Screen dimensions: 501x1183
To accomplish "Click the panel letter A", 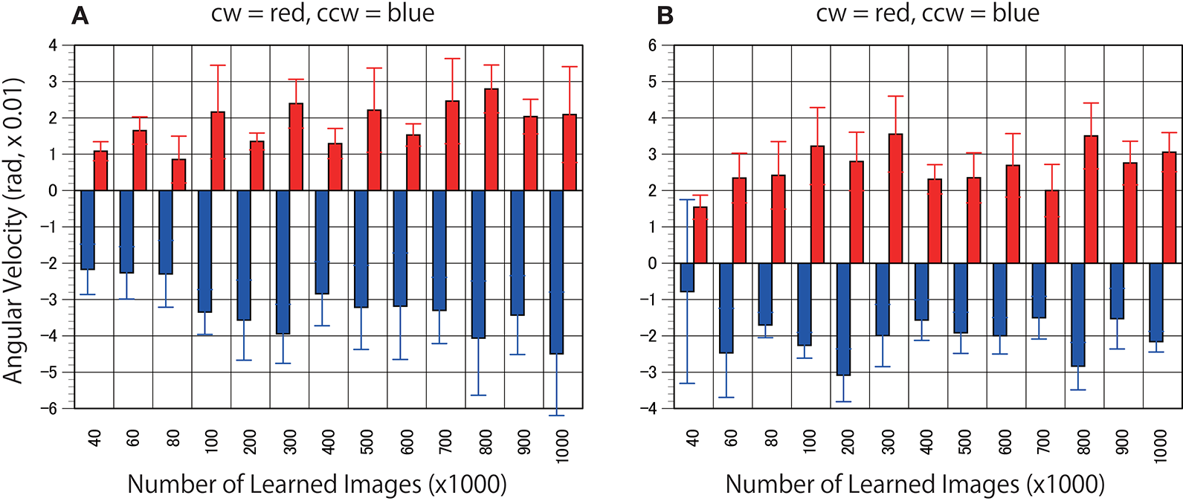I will (80, 16).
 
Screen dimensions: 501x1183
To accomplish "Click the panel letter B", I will (665, 16).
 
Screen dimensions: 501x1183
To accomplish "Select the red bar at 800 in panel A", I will (491, 140).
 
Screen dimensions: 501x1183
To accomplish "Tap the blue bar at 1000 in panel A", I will (555, 272).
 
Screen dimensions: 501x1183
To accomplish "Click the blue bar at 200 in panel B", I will (843, 319).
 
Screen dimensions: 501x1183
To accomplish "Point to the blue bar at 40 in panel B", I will (688, 277).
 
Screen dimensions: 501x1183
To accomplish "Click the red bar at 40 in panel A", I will (100, 171).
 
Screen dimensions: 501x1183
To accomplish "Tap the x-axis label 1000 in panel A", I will (562, 447).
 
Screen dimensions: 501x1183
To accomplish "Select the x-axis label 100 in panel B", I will (810, 442).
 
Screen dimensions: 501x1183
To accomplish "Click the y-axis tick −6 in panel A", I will (52, 408).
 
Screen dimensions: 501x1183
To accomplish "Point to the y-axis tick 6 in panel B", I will (652, 45).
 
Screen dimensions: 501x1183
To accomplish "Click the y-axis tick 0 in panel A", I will (54, 191).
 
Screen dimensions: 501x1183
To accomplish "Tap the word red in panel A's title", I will (286, 14).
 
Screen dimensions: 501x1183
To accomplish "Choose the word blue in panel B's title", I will (1016, 14).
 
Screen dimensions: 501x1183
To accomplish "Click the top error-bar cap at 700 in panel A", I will (452, 59).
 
